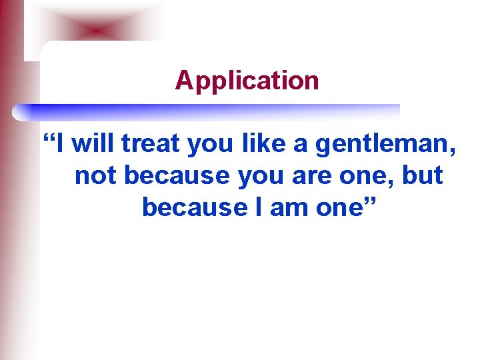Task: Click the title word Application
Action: [247, 81]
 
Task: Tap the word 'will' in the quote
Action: [94, 144]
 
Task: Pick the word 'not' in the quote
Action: [96, 175]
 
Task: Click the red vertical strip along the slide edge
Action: [9, 200]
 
